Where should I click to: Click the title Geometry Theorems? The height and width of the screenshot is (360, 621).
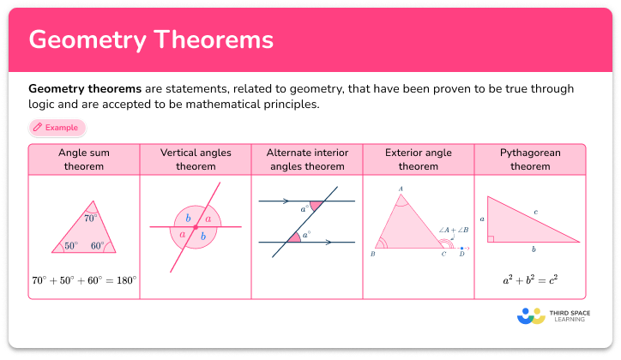click(x=151, y=40)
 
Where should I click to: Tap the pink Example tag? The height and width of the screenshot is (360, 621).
click(x=57, y=128)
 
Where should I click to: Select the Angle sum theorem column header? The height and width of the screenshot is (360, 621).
click(x=84, y=159)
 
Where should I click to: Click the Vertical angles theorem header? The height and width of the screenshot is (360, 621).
click(x=195, y=159)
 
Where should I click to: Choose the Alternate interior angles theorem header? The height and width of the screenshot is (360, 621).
click(x=306, y=159)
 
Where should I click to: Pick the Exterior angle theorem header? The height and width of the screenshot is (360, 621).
click(x=418, y=159)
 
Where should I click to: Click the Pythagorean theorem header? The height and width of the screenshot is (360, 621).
click(x=529, y=159)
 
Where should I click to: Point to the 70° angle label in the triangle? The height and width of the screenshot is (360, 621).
click(x=90, y=219)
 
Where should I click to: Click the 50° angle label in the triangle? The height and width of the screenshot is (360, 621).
click(x=70, y=246)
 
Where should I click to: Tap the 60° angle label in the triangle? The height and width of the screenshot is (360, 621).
click(x=98, y=246)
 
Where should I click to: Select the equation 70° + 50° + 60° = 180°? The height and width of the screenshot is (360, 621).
click(x=84, y=279)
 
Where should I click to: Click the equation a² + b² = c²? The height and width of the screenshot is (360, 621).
click(x=529, y=279)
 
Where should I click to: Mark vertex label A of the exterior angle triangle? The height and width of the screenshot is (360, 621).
click(x=400, y=189)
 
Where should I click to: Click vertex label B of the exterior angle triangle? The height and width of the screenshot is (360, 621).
click(x=372, y=255)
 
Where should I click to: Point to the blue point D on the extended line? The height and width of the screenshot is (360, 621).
click(x=461, y=249)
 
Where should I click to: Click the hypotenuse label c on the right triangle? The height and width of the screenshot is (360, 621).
click(x=535, y=212)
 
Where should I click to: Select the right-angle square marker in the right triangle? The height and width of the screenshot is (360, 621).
click(x=491, y=238)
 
